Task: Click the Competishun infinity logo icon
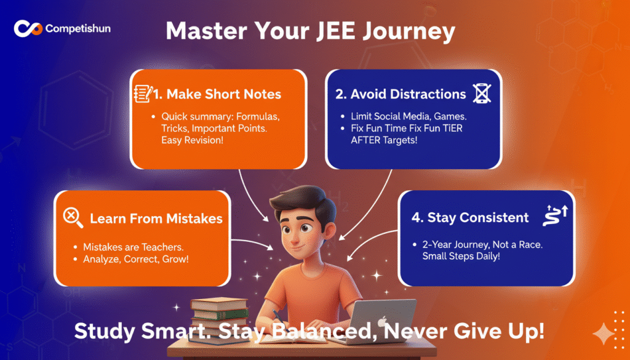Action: coord(28,28)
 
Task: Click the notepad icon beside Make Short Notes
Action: coord(143,94)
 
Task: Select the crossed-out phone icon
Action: coord(482,94)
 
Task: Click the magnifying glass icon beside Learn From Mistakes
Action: coord(73,218)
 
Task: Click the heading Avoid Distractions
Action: coord(401,94)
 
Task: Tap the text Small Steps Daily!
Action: coord(461,256)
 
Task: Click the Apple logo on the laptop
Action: coord(382,321)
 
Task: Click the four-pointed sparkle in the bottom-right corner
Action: coord(603,334)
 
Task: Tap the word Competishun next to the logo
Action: coord(78,28)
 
